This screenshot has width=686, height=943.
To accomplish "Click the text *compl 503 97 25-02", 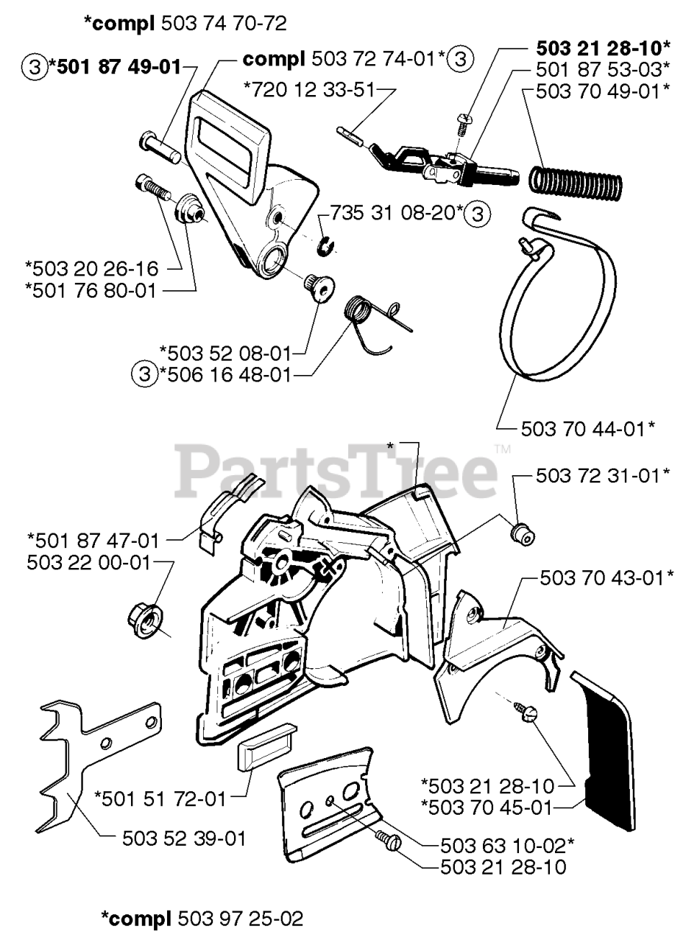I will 202,919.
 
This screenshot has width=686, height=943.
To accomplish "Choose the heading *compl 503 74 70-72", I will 185,24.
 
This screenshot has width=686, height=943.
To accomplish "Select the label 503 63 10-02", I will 507,844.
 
